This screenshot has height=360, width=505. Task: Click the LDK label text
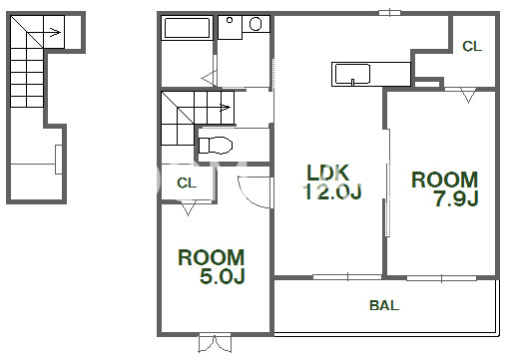pyautogui.click(x=327, y=173)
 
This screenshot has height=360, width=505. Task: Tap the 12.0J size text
pyautogui.click(x=332, y=191)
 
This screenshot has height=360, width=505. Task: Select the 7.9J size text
pyautogui.click(x=456, y=198)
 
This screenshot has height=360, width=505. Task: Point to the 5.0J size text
pyautogui.click(x=223, y=276)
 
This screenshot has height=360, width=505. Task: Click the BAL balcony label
pyautogui.click(x=384, y=305)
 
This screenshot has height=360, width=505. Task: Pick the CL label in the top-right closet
pyautogui.click(x=472, y=46)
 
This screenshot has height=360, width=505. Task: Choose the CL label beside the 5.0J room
pyautogui.click(x=187, y=182)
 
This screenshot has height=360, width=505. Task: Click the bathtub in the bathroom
pyautogui.click(x=187, y=28)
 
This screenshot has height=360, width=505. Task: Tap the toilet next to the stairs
pyautogui.click(x=216, y=146)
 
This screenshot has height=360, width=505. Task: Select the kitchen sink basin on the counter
pyautogui.click(x=352, y=74)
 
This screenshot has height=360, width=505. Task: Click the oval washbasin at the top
pyautogui.click(x=255, y=24)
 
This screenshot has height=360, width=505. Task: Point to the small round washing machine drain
pyautogui.click(x=230, y=20)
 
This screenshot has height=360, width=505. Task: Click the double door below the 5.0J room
pyautogui.click(x=215, y=343)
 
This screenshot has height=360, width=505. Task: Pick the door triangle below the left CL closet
pyautogui.click(x=188, y=209)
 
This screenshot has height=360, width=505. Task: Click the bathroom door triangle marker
pyautogui.click(x=209, y=79)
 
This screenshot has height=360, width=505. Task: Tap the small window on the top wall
pyautogui.click(x=389, y=13)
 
